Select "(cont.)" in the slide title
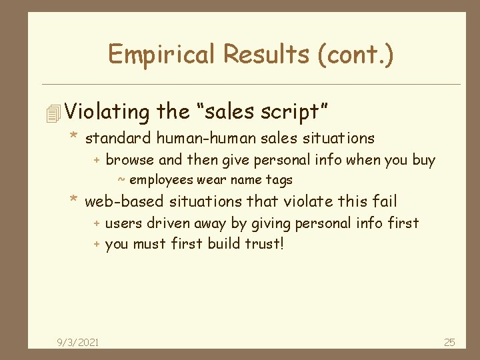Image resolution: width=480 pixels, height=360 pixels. click(x=356, y=54)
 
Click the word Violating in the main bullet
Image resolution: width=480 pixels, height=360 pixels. click(x=107, y=111)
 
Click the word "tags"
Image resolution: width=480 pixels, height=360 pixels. click(x=280, y=180)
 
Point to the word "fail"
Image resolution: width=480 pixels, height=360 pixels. click(x=385, y=201)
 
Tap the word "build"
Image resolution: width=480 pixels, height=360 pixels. click(x=224, y=243)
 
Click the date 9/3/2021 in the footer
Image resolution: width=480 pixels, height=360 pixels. click(x=79, y=342)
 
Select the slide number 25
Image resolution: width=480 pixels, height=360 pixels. click(x=449, y=342)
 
